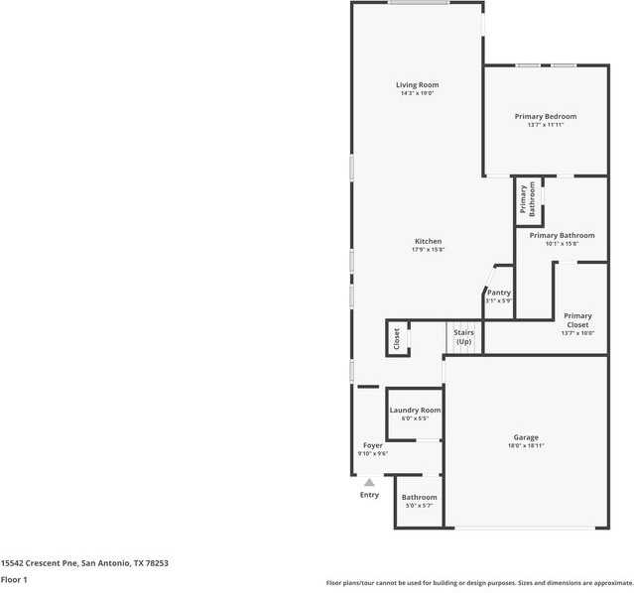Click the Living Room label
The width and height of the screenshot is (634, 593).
(417, 85)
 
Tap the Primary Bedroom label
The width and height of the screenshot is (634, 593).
(545, 117)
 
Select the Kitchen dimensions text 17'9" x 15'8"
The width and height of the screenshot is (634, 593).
(428, 250)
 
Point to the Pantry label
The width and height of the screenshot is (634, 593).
(498, 293)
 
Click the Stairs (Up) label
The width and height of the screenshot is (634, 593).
(463, 337)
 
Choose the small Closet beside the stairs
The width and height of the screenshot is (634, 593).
(397, 338)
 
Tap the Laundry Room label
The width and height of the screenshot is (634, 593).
(415, 410)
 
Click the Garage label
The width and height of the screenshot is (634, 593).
(525, 437)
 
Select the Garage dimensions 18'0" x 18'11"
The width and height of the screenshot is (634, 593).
(525, 446)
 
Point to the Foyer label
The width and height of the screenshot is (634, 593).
(372, 445)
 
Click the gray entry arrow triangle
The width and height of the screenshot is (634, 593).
(369, 482)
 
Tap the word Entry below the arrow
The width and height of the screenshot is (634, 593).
(369, 495)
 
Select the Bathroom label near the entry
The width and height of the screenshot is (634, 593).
(419, 497)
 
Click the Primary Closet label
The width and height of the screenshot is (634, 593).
(577, 320)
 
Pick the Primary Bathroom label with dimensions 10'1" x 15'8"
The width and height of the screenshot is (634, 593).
(562, 236)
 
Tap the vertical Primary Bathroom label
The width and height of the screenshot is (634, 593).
(527, 199)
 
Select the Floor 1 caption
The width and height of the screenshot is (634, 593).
(14, 579)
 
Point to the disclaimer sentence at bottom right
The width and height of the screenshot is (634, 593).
(479, 583)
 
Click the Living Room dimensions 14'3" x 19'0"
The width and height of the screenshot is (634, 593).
(417, 94)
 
